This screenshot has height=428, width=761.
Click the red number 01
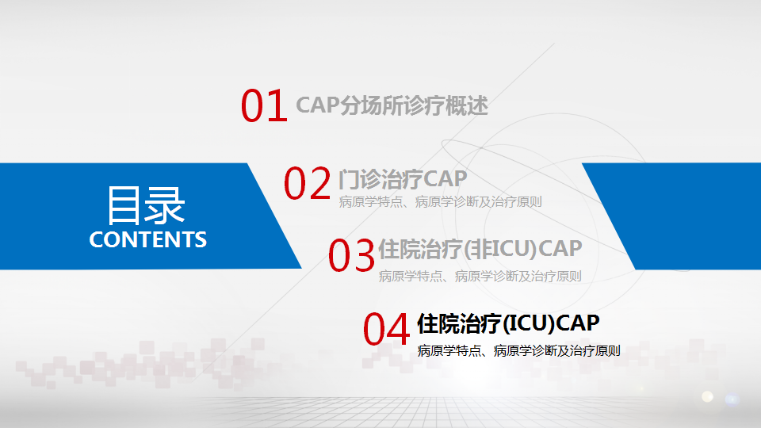264,105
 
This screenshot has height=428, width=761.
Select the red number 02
308,183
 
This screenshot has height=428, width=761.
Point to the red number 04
386,329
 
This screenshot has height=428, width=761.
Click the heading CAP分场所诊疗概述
392,105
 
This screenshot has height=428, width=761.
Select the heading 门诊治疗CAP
403,179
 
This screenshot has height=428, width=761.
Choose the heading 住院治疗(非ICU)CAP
480,249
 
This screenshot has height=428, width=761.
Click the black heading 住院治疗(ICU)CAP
509,323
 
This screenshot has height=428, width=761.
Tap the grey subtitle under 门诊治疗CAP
440,202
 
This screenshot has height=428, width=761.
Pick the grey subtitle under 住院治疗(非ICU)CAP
480,276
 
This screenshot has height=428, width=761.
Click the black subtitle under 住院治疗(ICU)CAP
518,350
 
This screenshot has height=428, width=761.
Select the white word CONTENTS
148,239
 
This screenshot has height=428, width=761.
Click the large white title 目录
146,206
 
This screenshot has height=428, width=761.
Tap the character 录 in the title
166,206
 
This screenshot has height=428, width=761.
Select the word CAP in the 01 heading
317,105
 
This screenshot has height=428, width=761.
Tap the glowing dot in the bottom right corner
708,396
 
